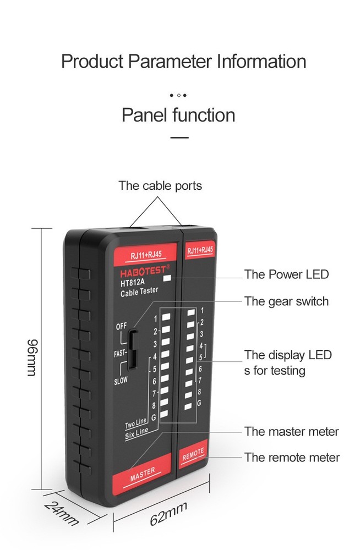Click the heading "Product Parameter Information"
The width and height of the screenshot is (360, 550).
183,61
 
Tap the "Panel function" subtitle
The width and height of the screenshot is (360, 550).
178,116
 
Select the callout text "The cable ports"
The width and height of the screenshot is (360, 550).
160,186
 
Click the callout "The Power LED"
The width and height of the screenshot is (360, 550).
286,274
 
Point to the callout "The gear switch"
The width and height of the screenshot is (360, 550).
286,301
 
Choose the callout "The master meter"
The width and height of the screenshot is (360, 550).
292,432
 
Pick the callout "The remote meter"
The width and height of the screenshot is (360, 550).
292,457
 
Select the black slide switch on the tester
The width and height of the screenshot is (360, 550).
133,351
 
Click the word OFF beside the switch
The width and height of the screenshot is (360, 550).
121,326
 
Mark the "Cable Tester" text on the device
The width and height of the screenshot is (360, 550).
139,293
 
